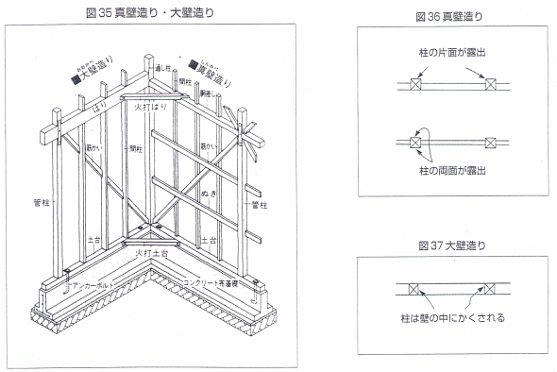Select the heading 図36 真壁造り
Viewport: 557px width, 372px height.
coord(451,16)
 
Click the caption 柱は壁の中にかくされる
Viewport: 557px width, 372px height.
coord(451,318)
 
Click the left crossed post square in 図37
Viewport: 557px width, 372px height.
coord(414,287)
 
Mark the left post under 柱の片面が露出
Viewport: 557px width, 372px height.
coord(414,85)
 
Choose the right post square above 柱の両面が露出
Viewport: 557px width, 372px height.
coord(489,143)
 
